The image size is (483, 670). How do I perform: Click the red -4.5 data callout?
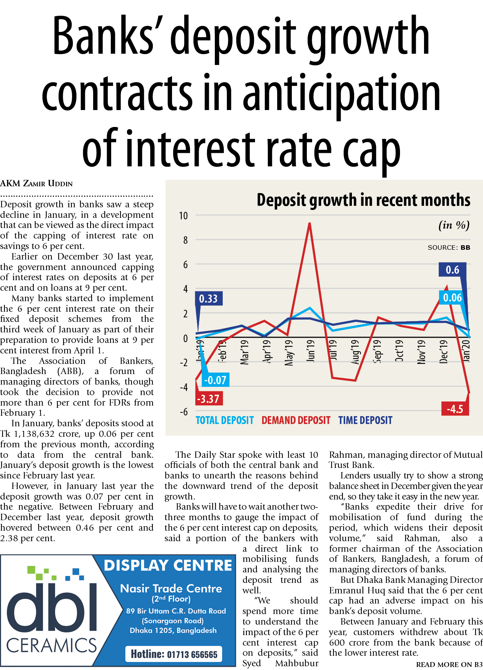pos(455,409)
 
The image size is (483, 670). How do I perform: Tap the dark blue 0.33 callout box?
pos(208,299)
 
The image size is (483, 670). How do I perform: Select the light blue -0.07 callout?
pos(215,380)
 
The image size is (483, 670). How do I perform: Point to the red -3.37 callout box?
pos(209,398)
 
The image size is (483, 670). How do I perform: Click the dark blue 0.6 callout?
pos(453,270)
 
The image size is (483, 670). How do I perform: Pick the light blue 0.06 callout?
pos(452,298)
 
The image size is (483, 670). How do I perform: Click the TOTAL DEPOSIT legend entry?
pos(225,420)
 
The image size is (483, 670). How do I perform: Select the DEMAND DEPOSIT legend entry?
pos(296,420)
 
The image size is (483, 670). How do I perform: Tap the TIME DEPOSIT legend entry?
pos(365,420)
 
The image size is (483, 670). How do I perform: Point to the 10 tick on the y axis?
pos(183,216)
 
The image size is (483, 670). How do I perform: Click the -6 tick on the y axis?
pos(183,412)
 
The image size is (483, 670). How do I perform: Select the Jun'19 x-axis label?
pos(311,351)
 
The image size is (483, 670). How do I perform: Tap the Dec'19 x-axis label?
pos(444,352)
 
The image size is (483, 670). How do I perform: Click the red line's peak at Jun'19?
pos(309,223)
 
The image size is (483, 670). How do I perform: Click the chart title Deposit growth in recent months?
pos(363,200)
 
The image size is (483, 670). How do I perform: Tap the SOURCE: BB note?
pos(449,247)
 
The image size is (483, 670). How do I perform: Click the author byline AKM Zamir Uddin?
pos(36,184)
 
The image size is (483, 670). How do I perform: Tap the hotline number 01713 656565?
pos(174,654)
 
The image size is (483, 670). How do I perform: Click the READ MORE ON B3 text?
pos(449,664)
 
